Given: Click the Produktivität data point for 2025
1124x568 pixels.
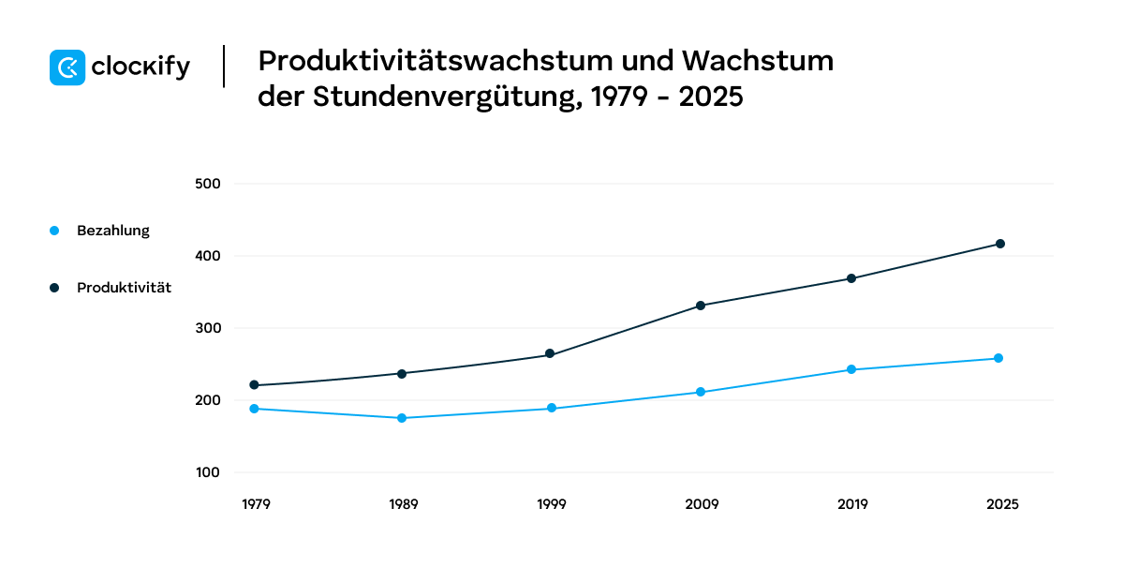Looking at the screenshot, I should (x=999, y=244).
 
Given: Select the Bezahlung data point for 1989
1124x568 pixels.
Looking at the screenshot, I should (x=402, y=418).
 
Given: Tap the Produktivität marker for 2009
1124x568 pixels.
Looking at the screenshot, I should (x=700, y=306).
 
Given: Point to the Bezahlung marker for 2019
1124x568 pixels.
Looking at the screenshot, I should (x=850, y=369).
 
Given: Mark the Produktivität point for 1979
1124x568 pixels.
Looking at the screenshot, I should (x=253, y=385).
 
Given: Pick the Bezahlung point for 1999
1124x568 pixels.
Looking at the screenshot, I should (x=551, y=408).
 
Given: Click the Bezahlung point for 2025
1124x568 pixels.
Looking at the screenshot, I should (x=998, y=358).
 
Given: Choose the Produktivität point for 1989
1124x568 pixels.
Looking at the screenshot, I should (x=402, y=373).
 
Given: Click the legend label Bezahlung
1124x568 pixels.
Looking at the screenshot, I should (x=112, y=231).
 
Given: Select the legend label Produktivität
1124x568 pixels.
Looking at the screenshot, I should (x=124, y=288).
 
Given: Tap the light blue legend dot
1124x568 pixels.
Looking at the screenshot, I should (x=54, y=231).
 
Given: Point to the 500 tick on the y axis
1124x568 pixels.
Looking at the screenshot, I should (x=207, y=184).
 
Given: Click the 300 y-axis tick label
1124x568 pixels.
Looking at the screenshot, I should (x=207, y=328).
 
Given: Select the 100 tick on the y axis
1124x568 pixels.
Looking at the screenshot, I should (x=207, y=473).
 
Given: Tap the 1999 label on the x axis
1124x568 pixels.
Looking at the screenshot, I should (x=552, y=504).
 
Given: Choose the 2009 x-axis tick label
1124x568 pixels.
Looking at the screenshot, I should (x=702, y=504).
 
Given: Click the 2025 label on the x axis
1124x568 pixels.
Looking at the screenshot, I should (x=1002, y=504).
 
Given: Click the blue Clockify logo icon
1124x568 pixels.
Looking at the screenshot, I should (x=67, y=67).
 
